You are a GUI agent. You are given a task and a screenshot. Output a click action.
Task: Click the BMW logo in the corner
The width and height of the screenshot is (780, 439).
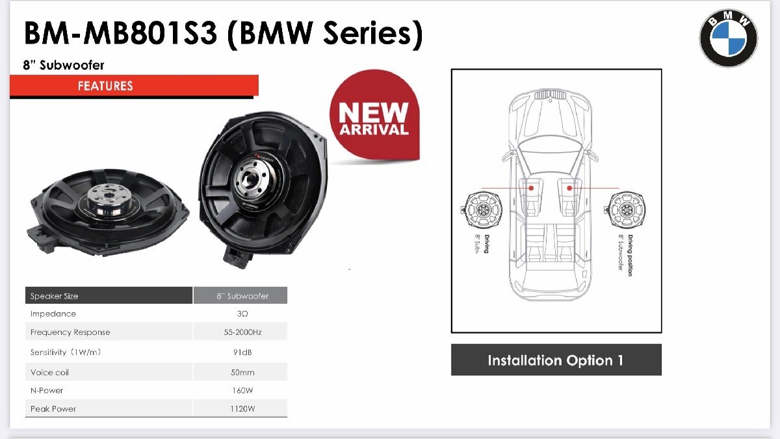tap(728, 38)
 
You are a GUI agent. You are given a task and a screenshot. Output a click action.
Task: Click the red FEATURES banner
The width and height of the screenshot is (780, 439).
tap(134, 86)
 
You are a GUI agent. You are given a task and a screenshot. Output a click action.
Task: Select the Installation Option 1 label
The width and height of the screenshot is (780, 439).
tap(556, 360)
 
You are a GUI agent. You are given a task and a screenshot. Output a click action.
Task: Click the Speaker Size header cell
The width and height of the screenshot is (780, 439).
tap(55, 296)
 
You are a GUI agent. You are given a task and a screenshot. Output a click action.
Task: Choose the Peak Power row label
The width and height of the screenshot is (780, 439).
tap(53, 409)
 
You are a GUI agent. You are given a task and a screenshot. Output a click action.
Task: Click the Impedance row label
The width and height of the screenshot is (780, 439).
tap(53, 314)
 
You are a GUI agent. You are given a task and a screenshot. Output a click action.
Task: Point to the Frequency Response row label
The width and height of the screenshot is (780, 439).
tap(70, 332)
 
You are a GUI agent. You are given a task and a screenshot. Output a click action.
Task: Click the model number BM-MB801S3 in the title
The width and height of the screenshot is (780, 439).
tap(120, 34)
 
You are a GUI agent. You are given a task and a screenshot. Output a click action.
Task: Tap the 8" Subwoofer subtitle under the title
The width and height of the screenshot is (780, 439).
tap(64, 65)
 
